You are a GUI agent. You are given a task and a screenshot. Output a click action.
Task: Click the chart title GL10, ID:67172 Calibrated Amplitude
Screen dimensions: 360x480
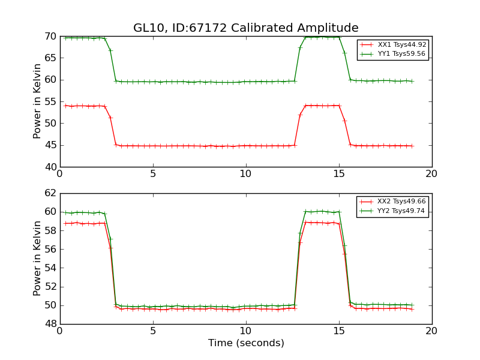[246, 28]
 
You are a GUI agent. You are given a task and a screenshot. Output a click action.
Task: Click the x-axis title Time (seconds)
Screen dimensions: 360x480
[246, 343]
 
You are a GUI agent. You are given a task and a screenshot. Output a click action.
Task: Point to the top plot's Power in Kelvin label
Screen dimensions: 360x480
[37, 101]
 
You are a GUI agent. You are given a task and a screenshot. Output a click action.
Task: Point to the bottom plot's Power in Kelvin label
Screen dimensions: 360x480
[37, 259]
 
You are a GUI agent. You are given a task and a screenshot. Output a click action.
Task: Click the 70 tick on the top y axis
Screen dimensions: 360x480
[51, 37]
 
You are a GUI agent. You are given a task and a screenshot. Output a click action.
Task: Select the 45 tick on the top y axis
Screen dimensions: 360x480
[51, 145]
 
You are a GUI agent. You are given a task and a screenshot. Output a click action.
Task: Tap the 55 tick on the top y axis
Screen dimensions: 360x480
[51, 102]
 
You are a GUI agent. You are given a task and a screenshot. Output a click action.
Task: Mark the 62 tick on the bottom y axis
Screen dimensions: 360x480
[51, 193]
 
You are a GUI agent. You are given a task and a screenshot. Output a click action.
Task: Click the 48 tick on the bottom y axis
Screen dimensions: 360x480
[51, 324]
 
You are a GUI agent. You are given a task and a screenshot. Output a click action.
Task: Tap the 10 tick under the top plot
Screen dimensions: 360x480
[246, 174]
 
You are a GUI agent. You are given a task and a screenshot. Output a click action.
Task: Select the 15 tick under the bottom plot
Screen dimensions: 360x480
[339, 331]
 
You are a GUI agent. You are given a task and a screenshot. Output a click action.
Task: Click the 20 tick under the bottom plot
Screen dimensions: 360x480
[432, 331]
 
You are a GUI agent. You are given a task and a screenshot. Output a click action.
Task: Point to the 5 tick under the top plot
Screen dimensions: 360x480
[153, 174]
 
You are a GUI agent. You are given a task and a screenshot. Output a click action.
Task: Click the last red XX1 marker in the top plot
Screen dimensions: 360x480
[412, 146]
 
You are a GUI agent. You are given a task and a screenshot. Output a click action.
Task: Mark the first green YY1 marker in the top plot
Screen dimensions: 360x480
[65, 38]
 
